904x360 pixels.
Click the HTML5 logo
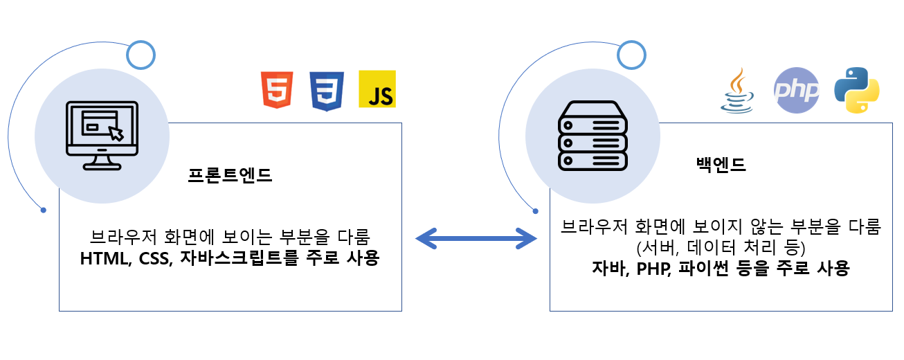click(277, 90)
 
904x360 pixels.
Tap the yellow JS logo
click(377, 89)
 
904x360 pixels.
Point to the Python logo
click(857, 91)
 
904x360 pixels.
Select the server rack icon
click(593, 136)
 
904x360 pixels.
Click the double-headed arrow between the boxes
click(476, 240)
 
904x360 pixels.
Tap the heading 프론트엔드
click(230, 175)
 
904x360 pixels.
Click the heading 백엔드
click(721, 165)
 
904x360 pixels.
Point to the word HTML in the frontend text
click(103, 259)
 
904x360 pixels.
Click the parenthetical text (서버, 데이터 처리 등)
click(720, 247)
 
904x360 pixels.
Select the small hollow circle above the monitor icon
click(141, 54)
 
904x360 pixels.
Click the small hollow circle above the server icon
click(632, 54)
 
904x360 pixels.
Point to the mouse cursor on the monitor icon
click(116, 132)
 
